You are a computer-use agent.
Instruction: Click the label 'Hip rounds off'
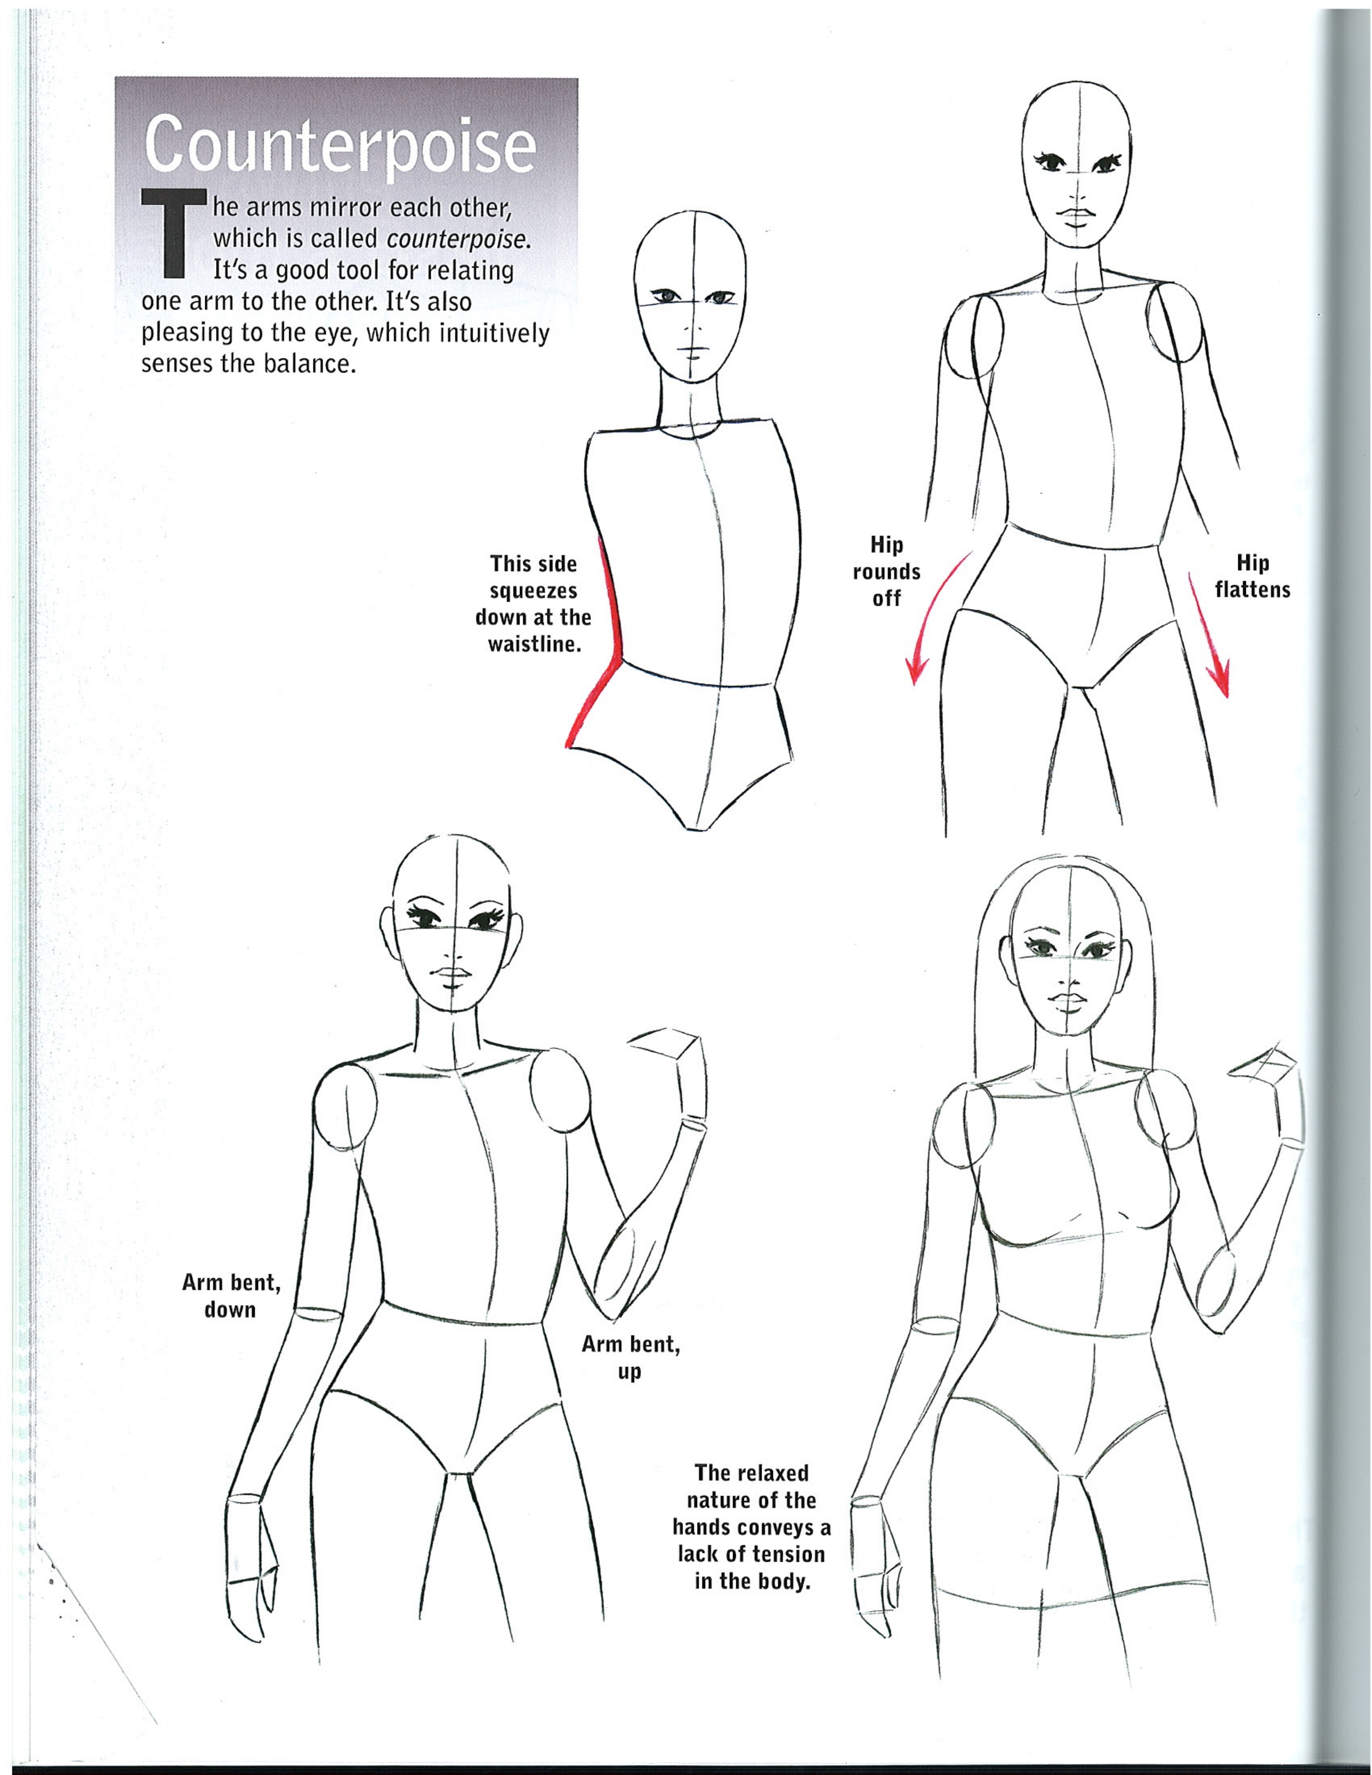pyautogui.click(x=887, y=571)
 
